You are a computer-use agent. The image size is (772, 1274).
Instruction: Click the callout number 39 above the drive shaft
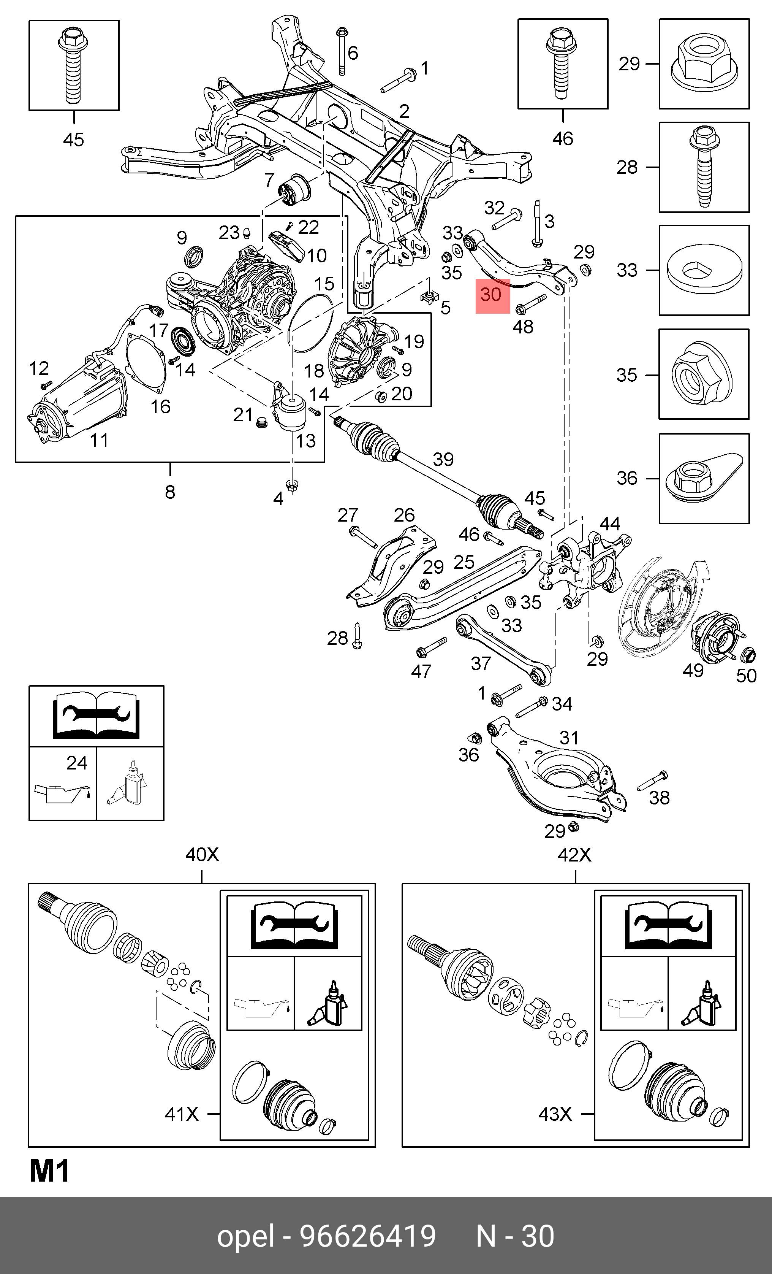(443, 459)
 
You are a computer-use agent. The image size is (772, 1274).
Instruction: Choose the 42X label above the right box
(574, 855)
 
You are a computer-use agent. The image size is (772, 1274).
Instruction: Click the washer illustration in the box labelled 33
(704, 270)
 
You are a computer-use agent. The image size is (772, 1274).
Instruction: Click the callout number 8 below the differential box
(170, 492)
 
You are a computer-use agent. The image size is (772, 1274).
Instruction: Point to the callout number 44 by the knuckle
(610, 524)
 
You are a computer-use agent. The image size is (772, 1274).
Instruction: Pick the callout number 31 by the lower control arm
(569, 738)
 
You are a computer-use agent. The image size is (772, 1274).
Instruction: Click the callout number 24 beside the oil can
(76, 763)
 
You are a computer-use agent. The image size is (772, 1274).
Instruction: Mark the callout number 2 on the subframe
(404, 111)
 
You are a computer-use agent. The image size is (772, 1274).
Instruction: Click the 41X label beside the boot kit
(181, 1113)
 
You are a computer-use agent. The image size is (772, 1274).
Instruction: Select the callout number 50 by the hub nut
(746, 675)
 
